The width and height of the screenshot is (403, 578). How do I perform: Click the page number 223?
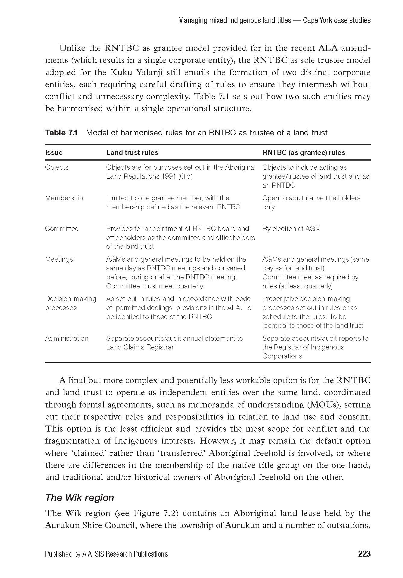click(364, 554)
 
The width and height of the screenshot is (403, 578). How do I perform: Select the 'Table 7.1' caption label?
click(61, 133)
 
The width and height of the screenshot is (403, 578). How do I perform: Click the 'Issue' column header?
click(54, 152)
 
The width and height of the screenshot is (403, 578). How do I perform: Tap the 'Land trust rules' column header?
click(132, 152)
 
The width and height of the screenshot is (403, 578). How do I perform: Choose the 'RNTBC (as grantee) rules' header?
click(304, 152)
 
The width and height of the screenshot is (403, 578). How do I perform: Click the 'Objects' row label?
click(57, 167)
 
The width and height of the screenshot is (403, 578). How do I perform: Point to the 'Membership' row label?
click(64, 198)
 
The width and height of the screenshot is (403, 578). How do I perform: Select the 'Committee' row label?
click(62, 229)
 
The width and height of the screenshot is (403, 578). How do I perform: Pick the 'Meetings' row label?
click(59, 259)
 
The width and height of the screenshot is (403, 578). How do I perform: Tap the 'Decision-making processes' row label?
click(70, 303)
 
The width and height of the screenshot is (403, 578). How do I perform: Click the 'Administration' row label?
click(67, 338)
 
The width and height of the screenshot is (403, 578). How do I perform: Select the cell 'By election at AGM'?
click(291, 229)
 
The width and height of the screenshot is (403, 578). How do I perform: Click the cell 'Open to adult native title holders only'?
click(311, 202)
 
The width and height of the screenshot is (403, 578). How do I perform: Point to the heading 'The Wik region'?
click(79, 498)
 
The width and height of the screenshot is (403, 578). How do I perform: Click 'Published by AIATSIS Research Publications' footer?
click(106, 554)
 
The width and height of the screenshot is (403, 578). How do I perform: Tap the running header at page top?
click(274, 20)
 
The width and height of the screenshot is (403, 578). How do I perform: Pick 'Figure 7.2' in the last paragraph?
click(153, 513)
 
